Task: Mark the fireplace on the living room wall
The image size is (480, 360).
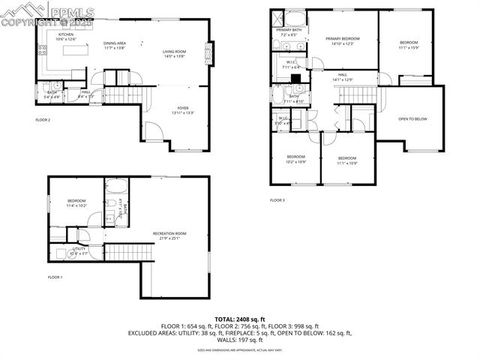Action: tap(209, 52)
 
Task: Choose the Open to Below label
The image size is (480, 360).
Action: tap(413, 118)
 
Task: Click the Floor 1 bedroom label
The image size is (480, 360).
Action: tap(76, 203)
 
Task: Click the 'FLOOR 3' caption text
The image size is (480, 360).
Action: tap(277, 201)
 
